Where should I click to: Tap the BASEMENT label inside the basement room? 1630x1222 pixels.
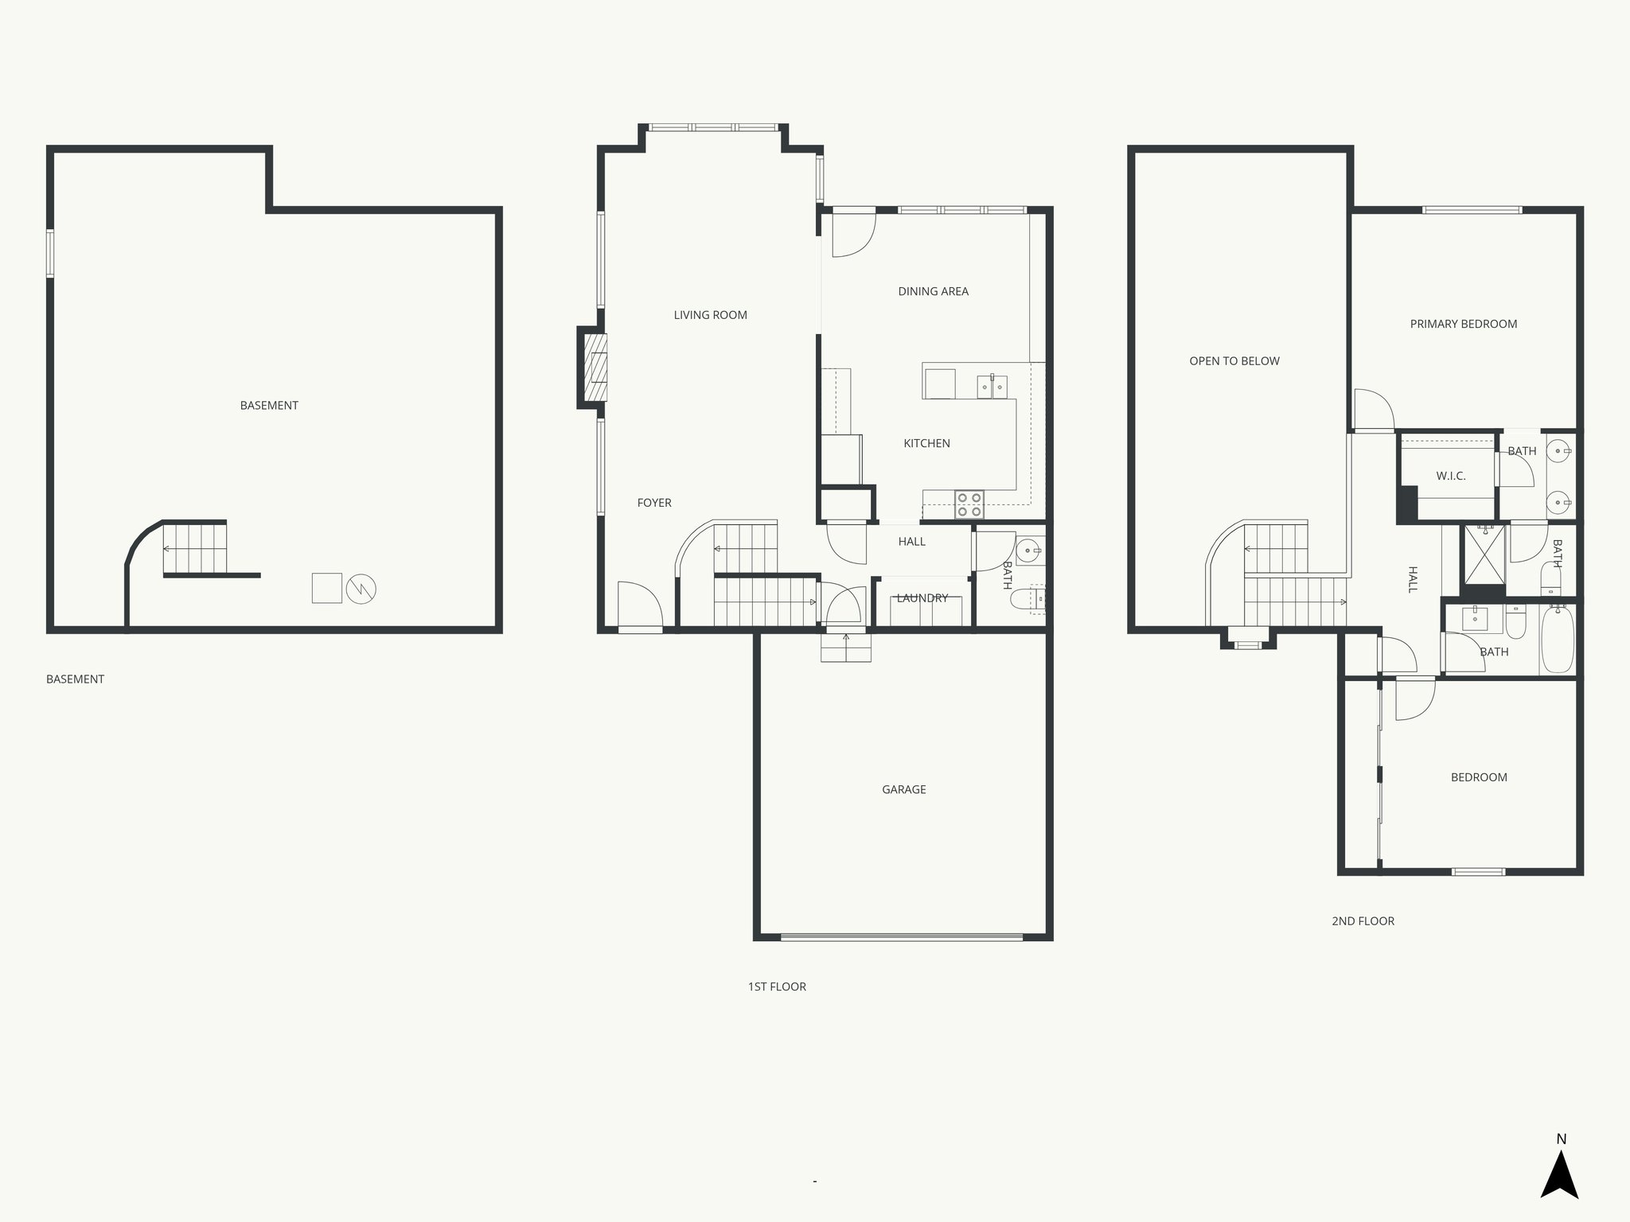pyautogui.click(x=269, y=406)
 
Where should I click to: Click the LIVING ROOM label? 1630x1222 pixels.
pyautogui.click(x=710, y=315)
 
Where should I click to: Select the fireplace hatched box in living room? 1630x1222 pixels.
pyautogui.click(x=595, y=368)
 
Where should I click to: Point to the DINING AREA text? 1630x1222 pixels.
pyautogui.click(x=933, y=291)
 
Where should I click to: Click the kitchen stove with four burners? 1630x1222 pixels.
pyautogui.click(x=969, y=504)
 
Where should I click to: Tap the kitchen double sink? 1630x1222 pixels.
pyautogui.click(x=992, y=387)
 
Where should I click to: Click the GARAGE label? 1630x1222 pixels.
pyautogui.click(x=903, y=789)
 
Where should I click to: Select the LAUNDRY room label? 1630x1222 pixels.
pyautogui.click(x=922, y=598)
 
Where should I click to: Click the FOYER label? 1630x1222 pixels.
pyautogui.click(x=654, y=503)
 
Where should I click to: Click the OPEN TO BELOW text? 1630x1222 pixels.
pyautogui.click(x=1234, y=361)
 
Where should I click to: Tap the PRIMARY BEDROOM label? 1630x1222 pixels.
pyautogui.click(x=1463, y=324)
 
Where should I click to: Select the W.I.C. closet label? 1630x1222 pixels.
pyautogui.click(x=1450, y=476)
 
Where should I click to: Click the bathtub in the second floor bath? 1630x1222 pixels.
pyautogui.click(x=1558, y=640)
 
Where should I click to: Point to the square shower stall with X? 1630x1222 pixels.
pyautogui.click(x=1483, y=555)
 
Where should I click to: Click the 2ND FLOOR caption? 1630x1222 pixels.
pyautogui.click(x=1363, y=921)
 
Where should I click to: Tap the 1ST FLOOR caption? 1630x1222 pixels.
pyautogui.click(x=776, y=987)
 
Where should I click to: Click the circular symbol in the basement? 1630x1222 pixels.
pyautogui.click(x=361, y=589)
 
